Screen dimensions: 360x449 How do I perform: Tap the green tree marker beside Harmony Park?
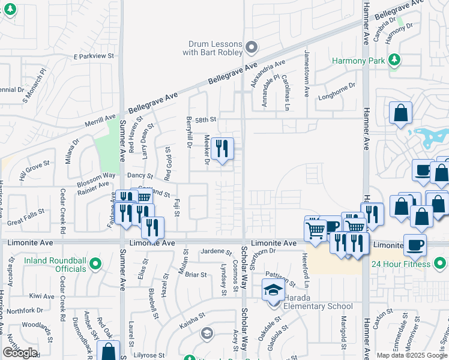394,59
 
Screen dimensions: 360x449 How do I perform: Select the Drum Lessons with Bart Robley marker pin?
252,47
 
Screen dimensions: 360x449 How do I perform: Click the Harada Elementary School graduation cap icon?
273,290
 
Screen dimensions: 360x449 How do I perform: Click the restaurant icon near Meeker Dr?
222,148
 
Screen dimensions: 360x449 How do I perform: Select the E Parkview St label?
94,56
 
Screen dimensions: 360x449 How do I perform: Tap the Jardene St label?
216,252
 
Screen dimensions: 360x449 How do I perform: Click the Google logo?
20,353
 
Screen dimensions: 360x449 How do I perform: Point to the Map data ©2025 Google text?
411,355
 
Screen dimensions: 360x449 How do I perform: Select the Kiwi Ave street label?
42,296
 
